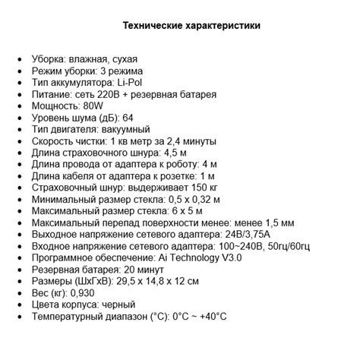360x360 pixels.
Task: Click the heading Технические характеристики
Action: tap(191, 26)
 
